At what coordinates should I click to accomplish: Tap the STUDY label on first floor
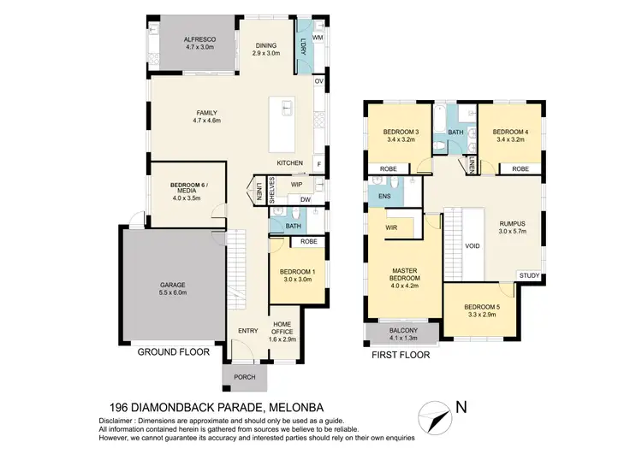point(528,275)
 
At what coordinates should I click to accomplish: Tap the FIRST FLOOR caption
point(401,351)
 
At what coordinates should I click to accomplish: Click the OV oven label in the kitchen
point(319,82)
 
